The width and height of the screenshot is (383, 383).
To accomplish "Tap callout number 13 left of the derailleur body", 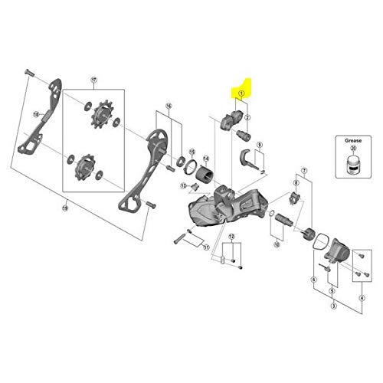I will click(x=185, y=186).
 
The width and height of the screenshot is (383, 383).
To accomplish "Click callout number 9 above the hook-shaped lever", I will click(x=260, y=145).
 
